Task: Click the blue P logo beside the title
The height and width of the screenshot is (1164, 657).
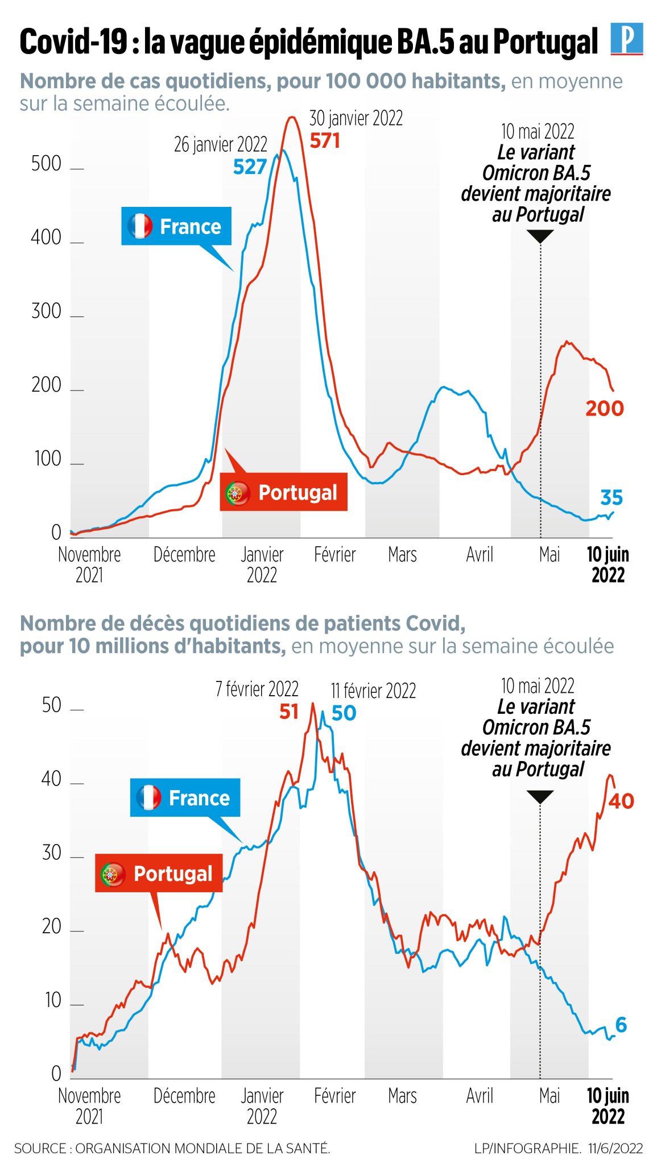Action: (x=626, y=39)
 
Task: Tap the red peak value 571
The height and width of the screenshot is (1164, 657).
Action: (x=325, y=140)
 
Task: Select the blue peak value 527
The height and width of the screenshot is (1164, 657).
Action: (x=250, y=167)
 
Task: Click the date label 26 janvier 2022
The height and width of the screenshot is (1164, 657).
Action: (x=220, y=144)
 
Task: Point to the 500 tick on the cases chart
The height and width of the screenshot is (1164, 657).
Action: (x=46, y=164)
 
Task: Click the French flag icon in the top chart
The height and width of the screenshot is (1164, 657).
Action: (x=140, y=226)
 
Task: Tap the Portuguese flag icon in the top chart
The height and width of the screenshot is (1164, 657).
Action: (x=237, y=493)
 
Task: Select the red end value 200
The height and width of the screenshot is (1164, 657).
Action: (x=605, y=408)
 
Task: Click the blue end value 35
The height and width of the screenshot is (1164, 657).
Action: (x=611, y=497)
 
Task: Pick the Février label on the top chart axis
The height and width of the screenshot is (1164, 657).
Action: (x=334, y=554)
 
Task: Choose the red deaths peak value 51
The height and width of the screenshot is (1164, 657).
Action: (x=289, y=711)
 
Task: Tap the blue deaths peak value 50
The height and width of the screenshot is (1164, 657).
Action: (x=344, y=713)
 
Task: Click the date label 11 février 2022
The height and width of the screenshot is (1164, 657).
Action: (x=373, y=691)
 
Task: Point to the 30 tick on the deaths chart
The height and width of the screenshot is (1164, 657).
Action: (x=51, y=853)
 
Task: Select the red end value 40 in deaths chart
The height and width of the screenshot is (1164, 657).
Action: (x=621, y=801)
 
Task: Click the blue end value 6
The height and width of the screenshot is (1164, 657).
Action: (x=621, y=1025)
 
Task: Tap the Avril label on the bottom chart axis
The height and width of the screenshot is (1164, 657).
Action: (x=479, y=1095)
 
